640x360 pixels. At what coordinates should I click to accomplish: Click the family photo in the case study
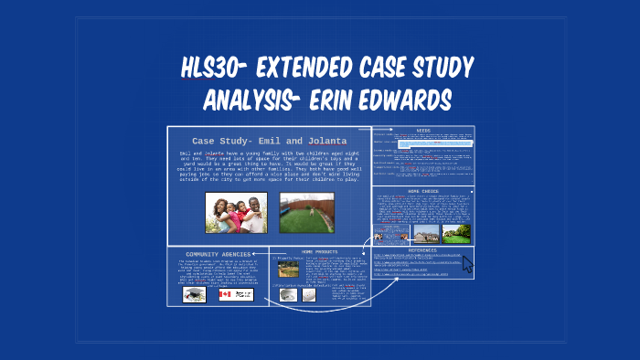coord(236,212)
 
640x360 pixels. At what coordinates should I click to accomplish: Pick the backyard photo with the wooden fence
coord(307,212)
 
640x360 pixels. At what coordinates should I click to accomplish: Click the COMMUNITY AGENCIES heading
coord(218,254)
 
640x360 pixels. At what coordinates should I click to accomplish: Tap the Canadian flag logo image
coord(242,294)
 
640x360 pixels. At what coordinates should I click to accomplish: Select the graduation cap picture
coord(195,294)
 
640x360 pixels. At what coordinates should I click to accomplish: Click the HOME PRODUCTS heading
coord(320,251)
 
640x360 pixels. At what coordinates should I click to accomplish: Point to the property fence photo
coord(289,269)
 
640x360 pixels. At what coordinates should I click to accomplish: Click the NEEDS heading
coord(422,131)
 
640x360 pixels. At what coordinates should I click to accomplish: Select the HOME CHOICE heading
coord(422,191)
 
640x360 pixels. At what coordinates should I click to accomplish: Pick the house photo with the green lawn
coord(455,232)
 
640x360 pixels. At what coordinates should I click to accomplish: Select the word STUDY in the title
coord(431,68)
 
